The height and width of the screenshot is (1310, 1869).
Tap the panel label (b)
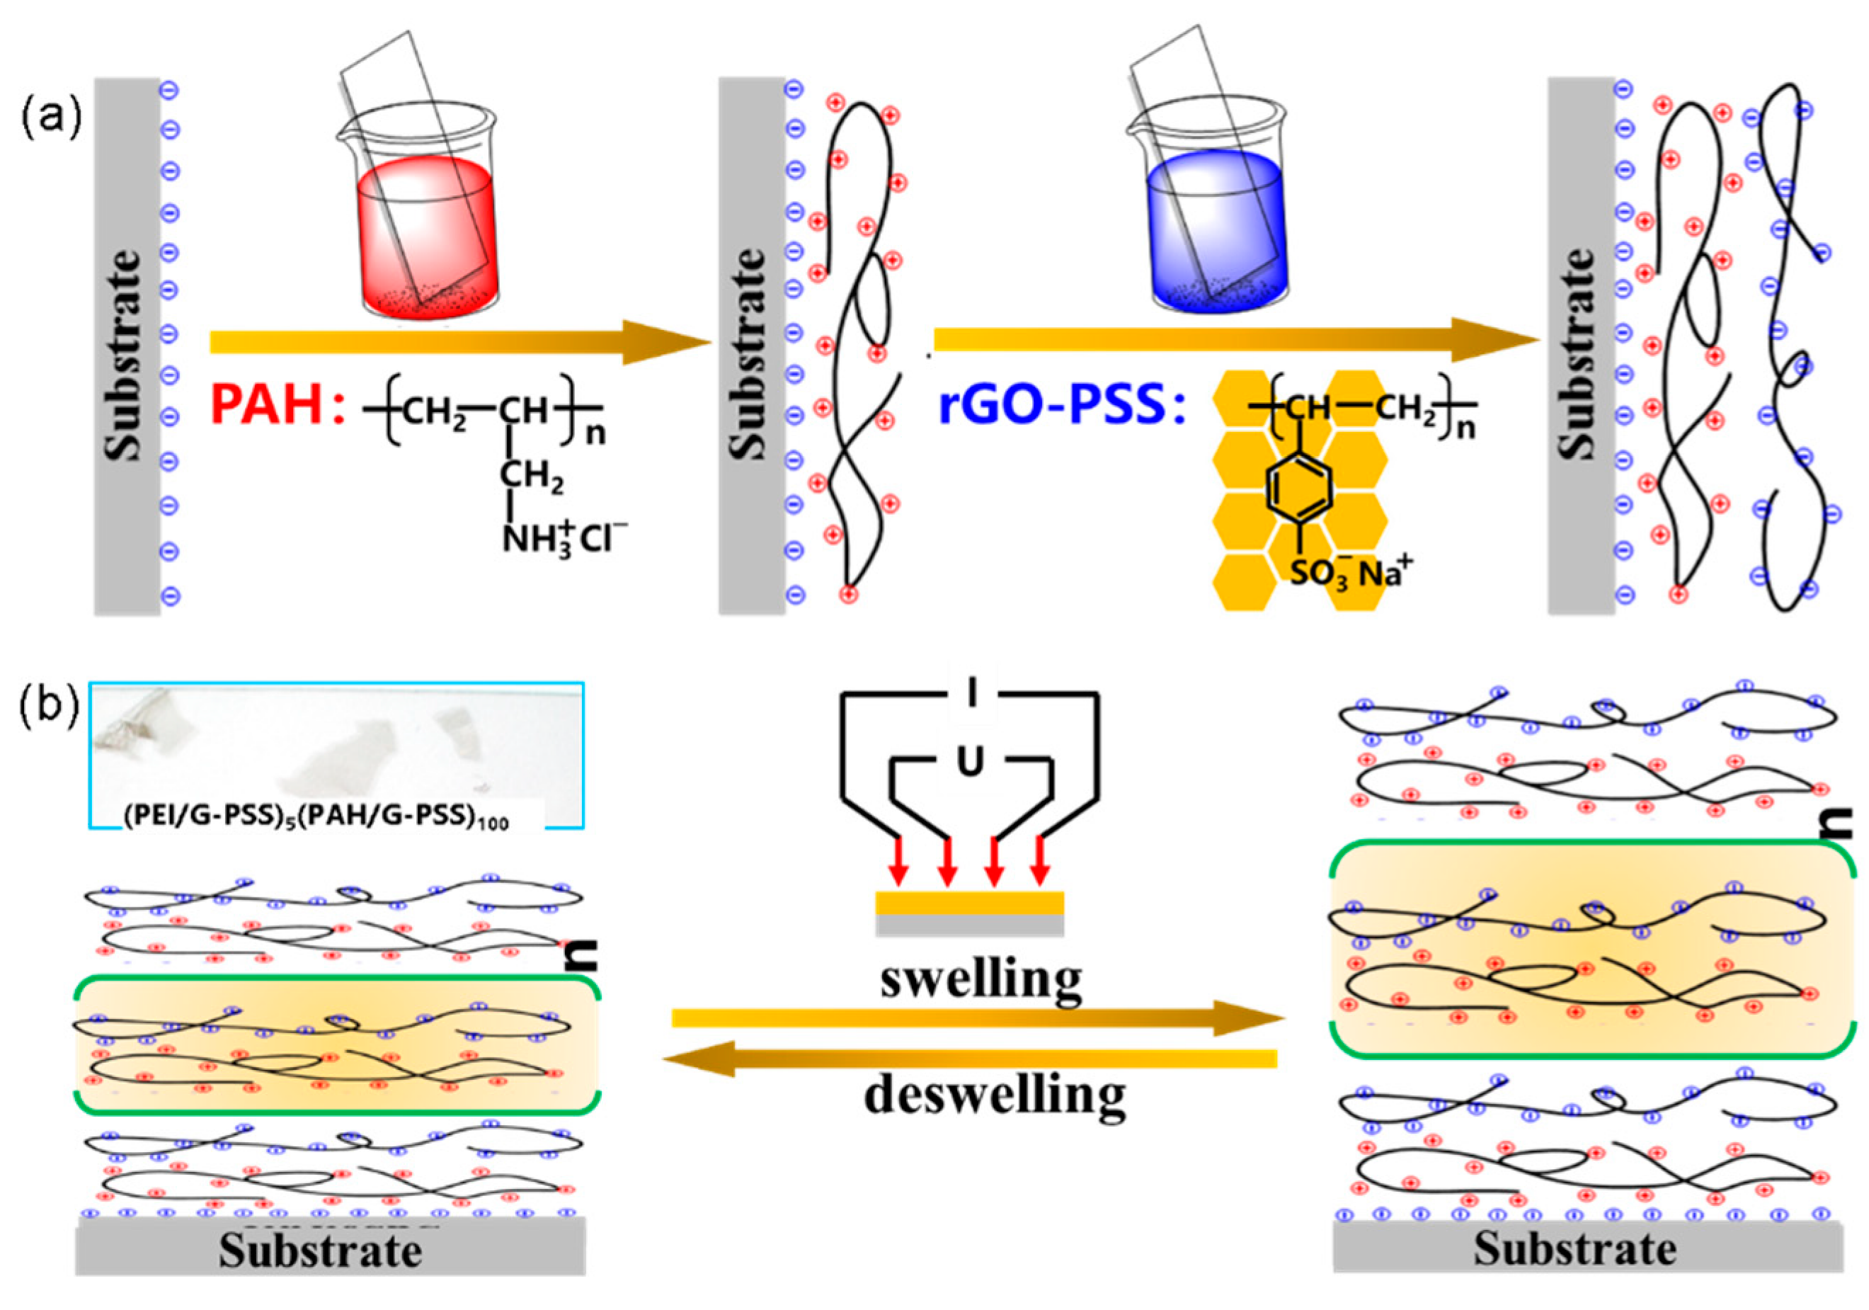(x=50, y=707)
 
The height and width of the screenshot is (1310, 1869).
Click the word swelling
(x=981, y=979)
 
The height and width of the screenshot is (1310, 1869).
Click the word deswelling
(x=995, y=1095)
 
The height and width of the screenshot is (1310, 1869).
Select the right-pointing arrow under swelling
(x=977, y=1018)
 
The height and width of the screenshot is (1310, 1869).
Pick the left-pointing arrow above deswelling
(x=968, y=1059)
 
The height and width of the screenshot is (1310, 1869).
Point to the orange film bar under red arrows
(x=968, y=903)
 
